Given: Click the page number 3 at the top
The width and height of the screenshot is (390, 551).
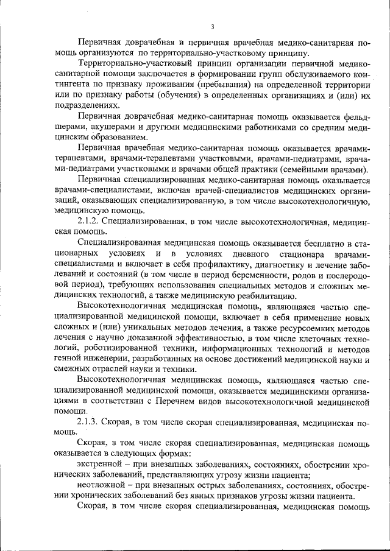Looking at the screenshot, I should (x=211, y=26).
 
